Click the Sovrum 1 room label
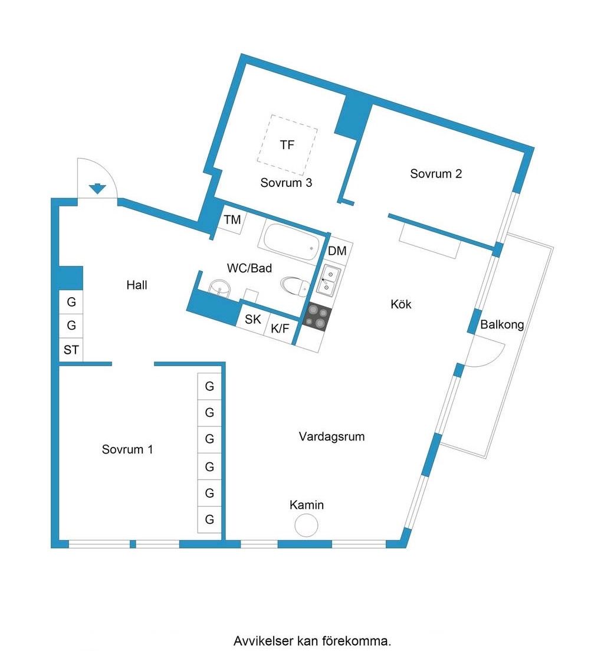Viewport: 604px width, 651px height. [x=127, y=449]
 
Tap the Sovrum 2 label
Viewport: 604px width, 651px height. [x=436, y=174]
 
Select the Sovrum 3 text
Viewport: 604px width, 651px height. [x=286, y=183]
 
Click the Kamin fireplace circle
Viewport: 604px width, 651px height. [x=306, y=525]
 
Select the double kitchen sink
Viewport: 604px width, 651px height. [x=327, y=280]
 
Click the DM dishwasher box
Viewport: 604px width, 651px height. [x=337, y=251]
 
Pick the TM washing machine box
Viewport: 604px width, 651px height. [x=233, y=220]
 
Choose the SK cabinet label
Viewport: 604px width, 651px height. [x=252, y=320]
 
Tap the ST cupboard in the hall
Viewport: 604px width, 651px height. [x=71, y=350]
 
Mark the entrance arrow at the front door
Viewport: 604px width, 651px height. [x=98, y=189]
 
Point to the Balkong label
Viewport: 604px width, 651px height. [x=502, y=325]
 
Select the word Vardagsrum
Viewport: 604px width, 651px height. [x=331, y=437]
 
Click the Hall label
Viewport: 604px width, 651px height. [x=137, y=285]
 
